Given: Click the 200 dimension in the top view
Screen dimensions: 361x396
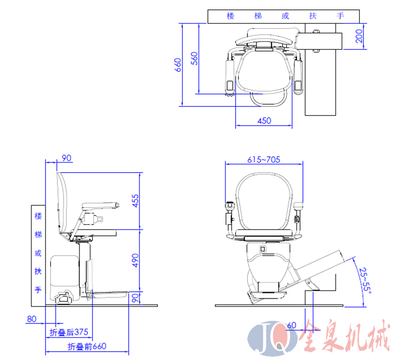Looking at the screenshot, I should coord(359,36).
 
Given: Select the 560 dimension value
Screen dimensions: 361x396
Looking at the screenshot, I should coord(195,58).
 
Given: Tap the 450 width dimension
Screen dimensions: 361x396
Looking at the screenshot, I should coord(264,121).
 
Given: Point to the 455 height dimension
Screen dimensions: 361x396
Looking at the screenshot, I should coord(135,200).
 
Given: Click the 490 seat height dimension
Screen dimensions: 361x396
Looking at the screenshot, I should coord(135,260).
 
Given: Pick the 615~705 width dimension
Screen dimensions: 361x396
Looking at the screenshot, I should coord(264,159).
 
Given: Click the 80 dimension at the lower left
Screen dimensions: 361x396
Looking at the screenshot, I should coord(32,319).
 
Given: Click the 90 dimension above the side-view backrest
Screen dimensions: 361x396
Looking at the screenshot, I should coord(66,158).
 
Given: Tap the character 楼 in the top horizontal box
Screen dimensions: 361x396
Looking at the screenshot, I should coord(230,16).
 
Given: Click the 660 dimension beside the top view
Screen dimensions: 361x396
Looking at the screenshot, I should coord(179,64).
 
